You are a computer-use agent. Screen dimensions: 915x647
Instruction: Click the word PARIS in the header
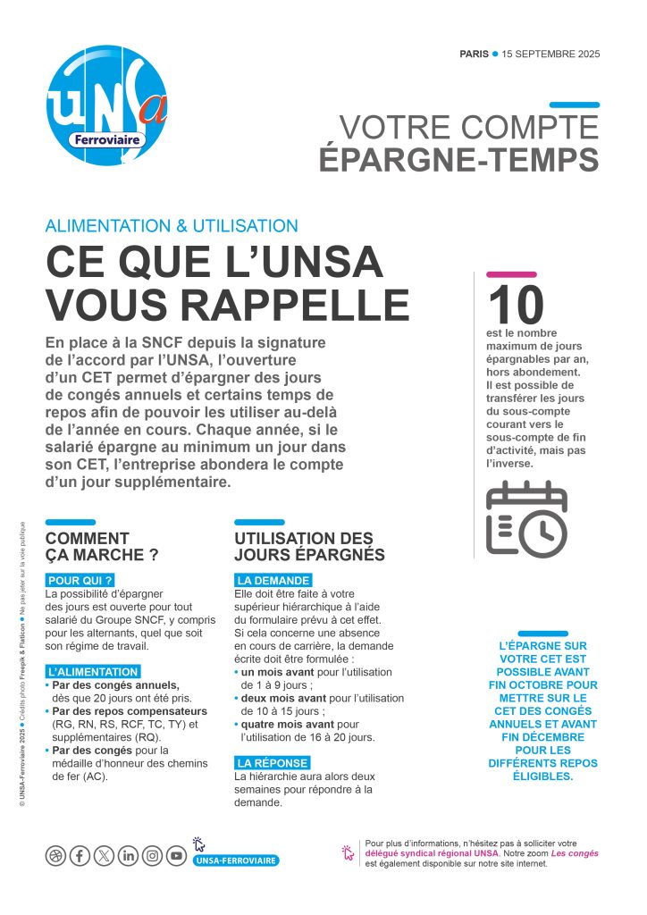[474, 54]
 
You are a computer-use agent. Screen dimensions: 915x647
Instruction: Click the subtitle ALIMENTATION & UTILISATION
[172, 226]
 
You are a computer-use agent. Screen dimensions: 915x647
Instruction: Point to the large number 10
[516, 306]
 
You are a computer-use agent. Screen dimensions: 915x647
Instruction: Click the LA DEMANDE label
[273, 580]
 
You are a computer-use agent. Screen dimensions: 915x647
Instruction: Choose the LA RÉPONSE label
[273, 762]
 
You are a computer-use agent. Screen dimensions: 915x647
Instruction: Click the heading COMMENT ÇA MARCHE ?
[102, 546]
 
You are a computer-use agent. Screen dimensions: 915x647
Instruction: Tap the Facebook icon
[80, 856]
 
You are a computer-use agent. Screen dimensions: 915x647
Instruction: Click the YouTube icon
[177, 856]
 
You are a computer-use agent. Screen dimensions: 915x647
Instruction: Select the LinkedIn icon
[129, 856]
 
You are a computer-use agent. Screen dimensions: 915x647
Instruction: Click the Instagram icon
[153, 856]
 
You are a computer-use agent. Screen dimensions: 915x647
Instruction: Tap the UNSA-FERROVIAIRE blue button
[236, 860]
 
